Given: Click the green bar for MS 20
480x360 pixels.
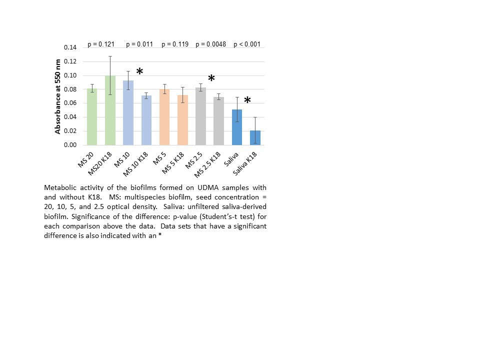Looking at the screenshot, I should (91, 117).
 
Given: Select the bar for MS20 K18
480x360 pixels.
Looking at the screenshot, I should (110, 110).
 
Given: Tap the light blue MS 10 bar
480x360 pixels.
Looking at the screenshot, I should (128, 113).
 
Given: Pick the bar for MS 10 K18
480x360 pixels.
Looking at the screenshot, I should (146, 120).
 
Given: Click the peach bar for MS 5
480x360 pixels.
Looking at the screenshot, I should (164, 117).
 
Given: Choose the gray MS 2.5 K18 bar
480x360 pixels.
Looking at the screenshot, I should (219, 121).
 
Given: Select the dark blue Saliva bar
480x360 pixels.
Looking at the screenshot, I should (237, 127).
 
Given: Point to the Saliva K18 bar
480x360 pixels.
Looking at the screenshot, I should (255, 137).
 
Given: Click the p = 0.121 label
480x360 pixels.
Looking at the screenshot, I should (101, 44).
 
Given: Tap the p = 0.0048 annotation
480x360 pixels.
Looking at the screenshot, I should (210, 44).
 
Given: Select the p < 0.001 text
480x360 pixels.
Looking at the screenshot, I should (247, 44).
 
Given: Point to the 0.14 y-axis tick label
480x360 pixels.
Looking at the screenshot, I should (70, 47).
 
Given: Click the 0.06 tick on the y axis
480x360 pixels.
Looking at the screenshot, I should (70, 103).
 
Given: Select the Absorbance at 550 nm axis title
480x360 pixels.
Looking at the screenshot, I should (58, 96).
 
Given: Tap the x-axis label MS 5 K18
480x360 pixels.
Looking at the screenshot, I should (174, 162).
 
